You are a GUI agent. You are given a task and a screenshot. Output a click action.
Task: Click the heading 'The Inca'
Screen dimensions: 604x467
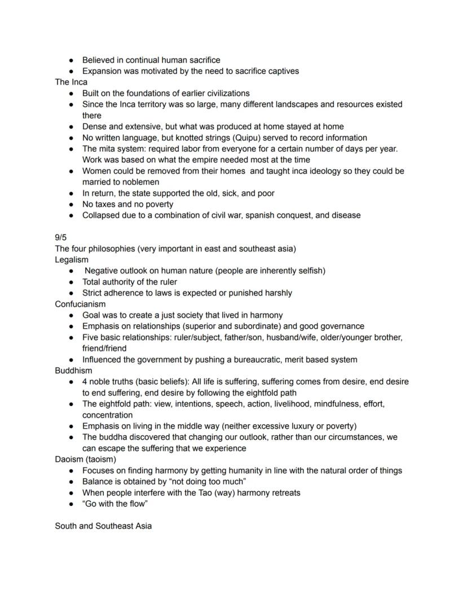71,82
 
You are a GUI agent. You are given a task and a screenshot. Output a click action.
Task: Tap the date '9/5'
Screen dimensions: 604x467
60,237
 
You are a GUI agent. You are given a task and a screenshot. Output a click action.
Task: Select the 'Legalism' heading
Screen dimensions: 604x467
72,259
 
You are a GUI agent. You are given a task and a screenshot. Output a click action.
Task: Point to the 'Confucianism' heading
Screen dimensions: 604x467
80,304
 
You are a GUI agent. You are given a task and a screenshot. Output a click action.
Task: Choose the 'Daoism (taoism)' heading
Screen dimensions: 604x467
85,459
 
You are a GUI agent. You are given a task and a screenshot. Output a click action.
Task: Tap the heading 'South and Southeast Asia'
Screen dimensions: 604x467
103,526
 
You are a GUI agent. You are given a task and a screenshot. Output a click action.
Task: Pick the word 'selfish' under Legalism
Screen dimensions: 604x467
307,271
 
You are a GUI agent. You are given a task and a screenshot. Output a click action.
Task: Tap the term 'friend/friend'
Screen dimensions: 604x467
104,349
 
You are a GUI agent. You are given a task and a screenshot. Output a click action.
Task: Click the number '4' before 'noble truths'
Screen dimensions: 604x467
85,382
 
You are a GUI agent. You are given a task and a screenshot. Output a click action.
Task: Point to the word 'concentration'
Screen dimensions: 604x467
107,415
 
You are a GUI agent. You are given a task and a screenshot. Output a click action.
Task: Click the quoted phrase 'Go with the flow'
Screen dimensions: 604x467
115,504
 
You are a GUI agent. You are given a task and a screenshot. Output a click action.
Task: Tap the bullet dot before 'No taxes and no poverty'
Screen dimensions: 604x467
72,204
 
